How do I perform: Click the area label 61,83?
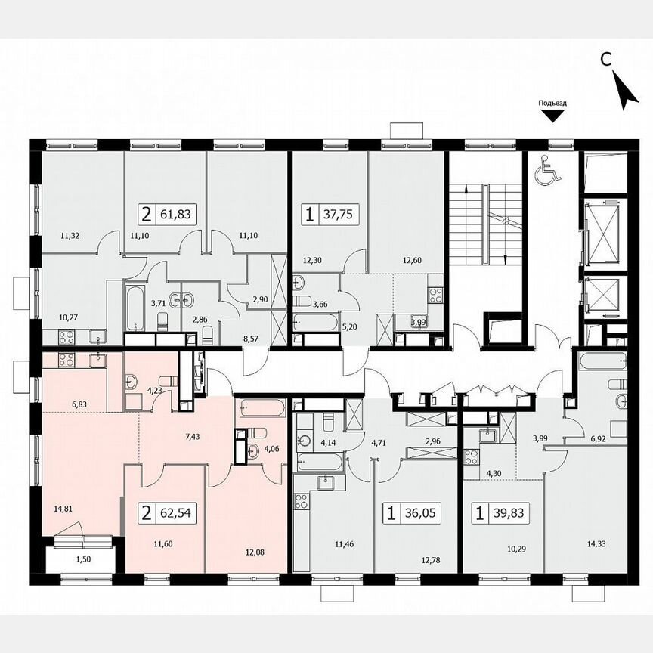click(177, 215)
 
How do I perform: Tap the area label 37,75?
click(340, 215)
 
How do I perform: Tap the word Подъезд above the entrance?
click(552, 104)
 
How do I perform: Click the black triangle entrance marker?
click(552, 116)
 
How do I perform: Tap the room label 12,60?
click(413, 262)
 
